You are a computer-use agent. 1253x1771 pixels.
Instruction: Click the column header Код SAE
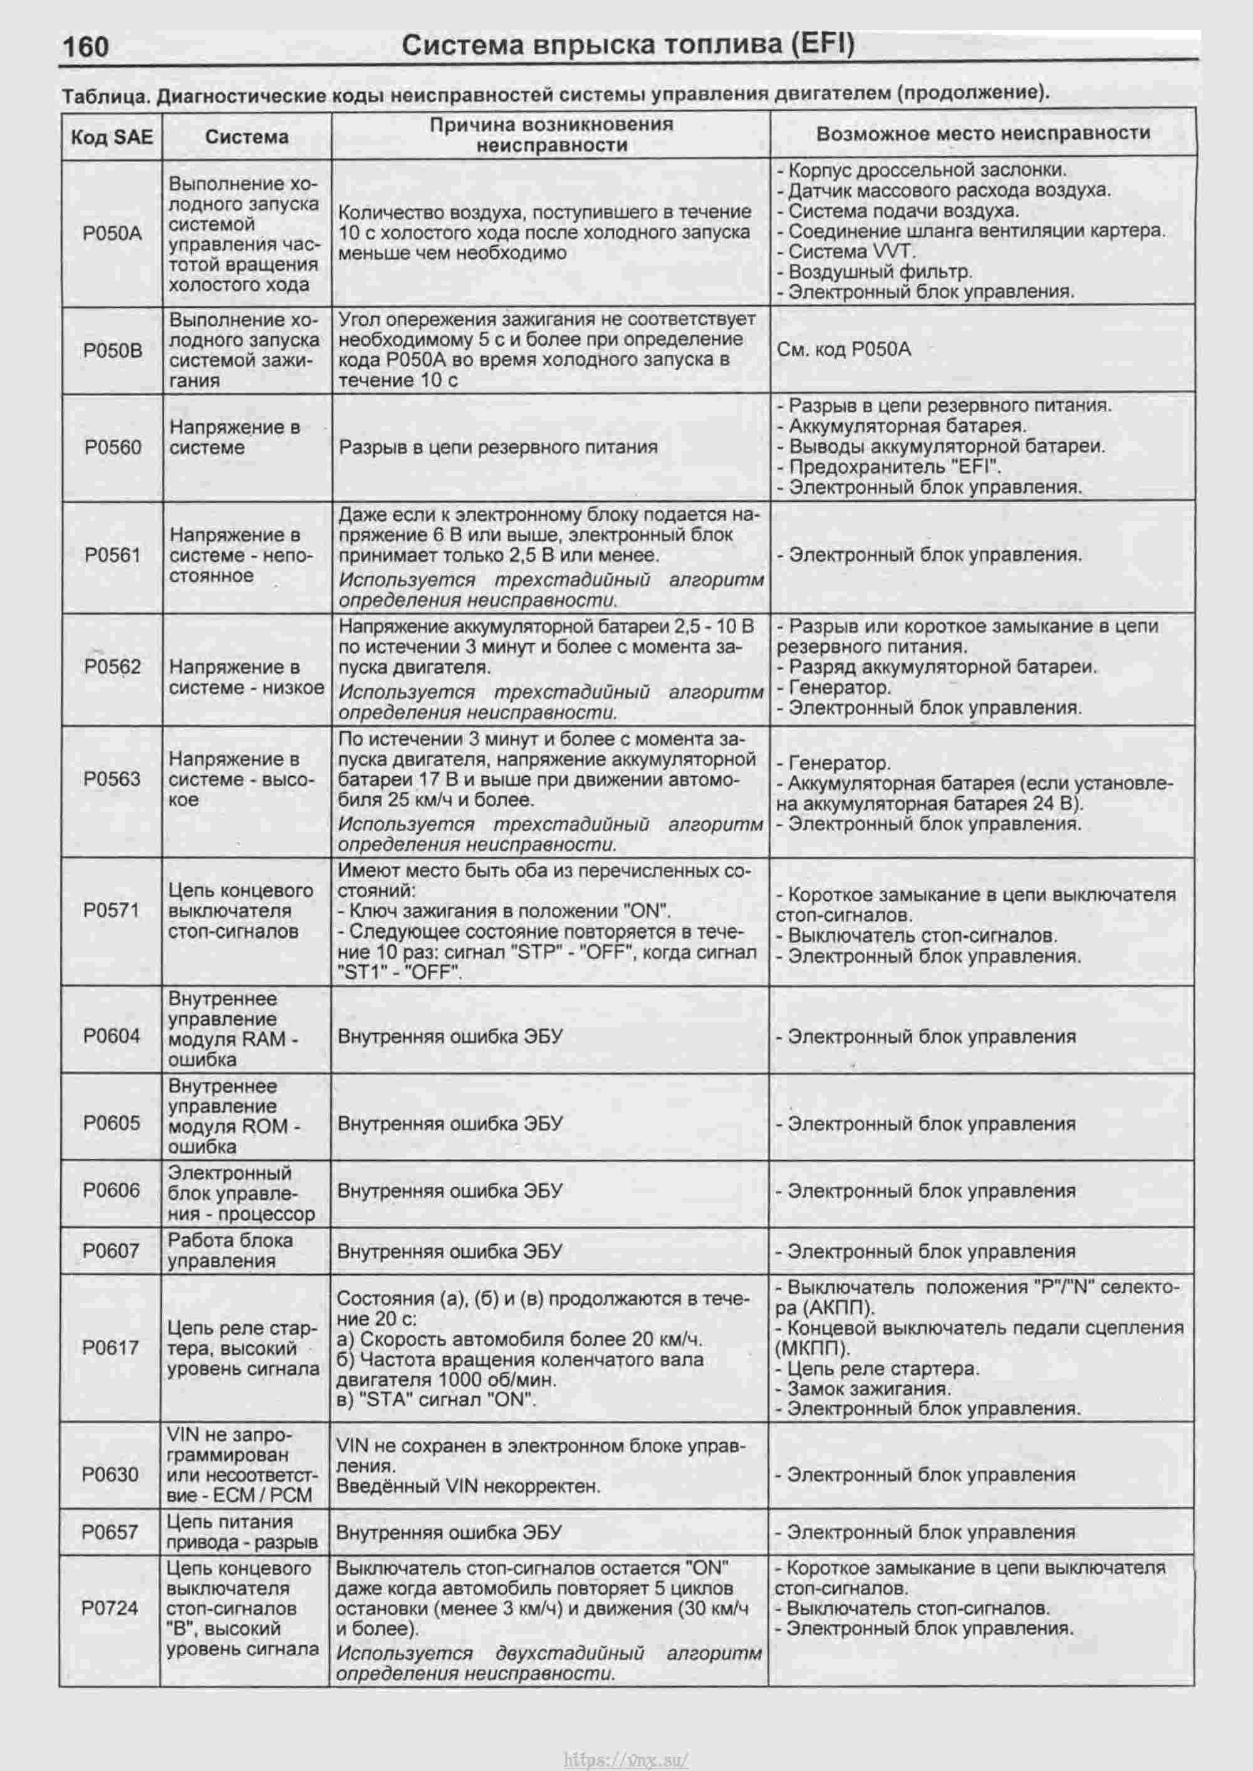(x=112, y=137)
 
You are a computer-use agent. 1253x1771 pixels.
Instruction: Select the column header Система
(x=246, y=137)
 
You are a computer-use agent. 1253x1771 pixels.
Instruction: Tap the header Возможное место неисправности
(x=983, y=133)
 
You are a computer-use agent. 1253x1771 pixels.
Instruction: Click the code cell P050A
(x=113, y=234)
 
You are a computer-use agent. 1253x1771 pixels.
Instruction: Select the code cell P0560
(x=113, y=447)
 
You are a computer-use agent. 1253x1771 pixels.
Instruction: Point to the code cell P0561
(x=113, y=556)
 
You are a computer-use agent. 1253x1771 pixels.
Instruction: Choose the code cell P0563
(x=113, y=779)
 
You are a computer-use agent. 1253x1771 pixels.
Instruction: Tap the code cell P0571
(x=112, y=911)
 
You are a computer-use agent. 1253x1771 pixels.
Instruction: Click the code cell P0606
(x=112, y=1190)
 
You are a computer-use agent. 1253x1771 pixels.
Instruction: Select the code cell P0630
(x=110, y=1475)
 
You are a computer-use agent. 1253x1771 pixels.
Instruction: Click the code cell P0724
(x=110, y=1608)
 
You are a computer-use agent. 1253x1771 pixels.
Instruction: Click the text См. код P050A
(x=843, y=350)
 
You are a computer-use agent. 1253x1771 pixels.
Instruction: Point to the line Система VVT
(x=851, y=251)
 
